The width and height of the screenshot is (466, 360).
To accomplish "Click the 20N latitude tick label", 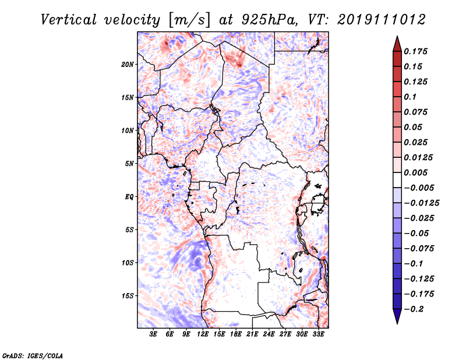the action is pyautogui.click(x=128, y=64).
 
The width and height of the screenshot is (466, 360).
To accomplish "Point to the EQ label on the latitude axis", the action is pyautogui.click(x=129, y=196).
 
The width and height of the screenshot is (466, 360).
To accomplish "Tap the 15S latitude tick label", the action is pyautogui.click(x=128, y=296).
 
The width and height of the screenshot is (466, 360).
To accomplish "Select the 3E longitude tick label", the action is pyautogui.click(x=153, y=334).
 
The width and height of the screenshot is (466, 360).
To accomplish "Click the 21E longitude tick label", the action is pyautogui.click(x=252, y=334).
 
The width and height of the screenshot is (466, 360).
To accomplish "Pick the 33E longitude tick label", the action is pyautogui.click(x=318, y=334).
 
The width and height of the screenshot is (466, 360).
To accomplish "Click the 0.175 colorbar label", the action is pyautogui.click(x=415, y=51).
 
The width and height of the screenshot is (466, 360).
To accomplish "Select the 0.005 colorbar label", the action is pyautogui.click(x=415, y=172).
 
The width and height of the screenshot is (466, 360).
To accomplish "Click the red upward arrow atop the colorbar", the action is pyautogui.click(x=397, y=44).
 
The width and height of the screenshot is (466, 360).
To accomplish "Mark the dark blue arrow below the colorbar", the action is pyautogui.click(x=397, y=316).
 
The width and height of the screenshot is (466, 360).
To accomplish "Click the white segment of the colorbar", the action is pyautogui.click(x=397, y=180).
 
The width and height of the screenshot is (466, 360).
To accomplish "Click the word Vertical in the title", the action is pyautogui.click(x=69, y=20).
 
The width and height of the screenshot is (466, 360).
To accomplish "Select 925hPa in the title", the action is pyautogui.click(x=269, y=20).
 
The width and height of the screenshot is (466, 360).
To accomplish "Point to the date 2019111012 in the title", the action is pyautogui.click(x=382, y=20).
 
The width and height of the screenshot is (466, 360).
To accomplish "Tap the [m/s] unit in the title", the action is pyautogui.click(x=189, y=20).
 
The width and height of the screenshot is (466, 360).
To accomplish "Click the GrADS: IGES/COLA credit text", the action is pyautogui.click(x=33, y=355).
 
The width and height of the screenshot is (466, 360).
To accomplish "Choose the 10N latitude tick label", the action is pyautogui.click(x=128, y=130).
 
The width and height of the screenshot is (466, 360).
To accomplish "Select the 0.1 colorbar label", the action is pyautogui.click(x=410, y=97).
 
